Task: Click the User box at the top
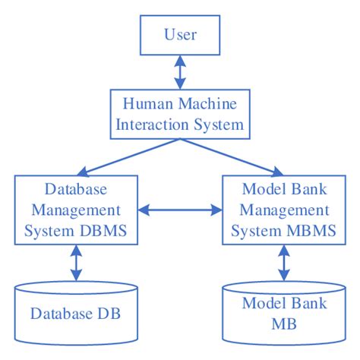[x=179, y=35]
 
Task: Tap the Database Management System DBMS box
[x=75, y=209]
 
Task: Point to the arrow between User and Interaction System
[x=179, y=72]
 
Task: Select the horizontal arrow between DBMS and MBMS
[x=179, y=208]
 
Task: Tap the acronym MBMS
[x=313, y=229]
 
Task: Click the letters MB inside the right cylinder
[x=283, y=324]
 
